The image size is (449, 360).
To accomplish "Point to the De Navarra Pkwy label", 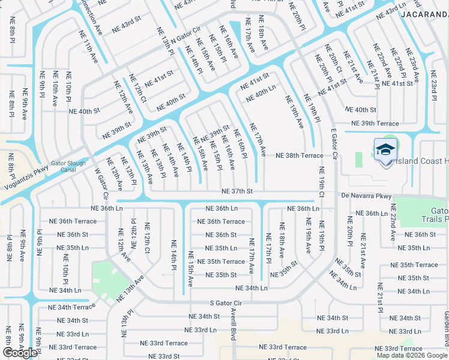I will point(366,196).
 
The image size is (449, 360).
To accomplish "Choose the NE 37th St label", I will point(237,191).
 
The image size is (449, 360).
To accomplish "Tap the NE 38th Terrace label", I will point(299,155).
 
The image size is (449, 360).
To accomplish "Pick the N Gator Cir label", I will point(177,38).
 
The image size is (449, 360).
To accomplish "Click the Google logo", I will point(20,353).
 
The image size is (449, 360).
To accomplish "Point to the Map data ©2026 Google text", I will point(412,355).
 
